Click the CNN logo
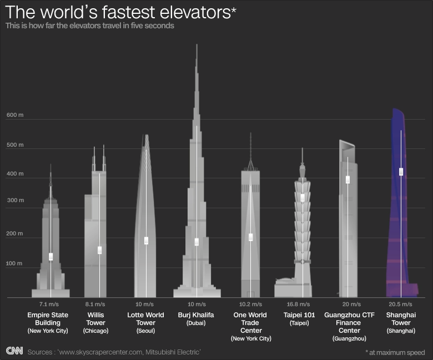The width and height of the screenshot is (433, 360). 15,351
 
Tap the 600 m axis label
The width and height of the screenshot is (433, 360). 15,115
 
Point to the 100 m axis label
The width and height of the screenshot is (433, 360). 15,264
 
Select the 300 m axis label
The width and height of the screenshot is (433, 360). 15,200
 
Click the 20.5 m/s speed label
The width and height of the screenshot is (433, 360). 400,304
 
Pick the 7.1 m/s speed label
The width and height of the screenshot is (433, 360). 51,304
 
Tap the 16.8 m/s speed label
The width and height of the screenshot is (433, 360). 303,304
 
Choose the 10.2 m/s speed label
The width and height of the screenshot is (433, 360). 250,304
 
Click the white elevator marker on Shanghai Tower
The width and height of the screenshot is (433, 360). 401,172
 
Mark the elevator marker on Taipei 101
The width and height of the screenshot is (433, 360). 303,198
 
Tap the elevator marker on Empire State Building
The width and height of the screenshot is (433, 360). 51,256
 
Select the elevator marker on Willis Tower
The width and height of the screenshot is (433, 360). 99,250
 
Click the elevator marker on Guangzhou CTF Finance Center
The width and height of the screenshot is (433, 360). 348,179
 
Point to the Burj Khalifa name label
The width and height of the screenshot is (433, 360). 196,315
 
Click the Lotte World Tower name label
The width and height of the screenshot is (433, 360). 146,319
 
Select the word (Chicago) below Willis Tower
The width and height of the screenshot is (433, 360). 95,331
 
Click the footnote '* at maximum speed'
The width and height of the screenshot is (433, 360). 395,352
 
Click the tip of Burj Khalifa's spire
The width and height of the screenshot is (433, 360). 197,44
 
